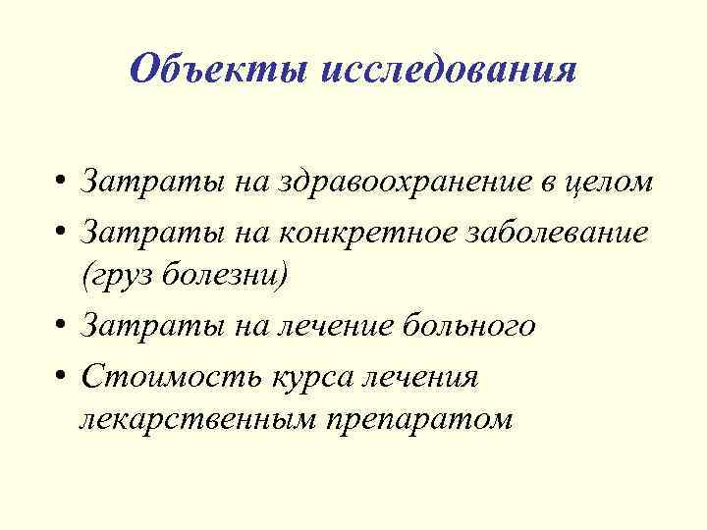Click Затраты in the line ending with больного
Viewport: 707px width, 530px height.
(139, 326)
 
